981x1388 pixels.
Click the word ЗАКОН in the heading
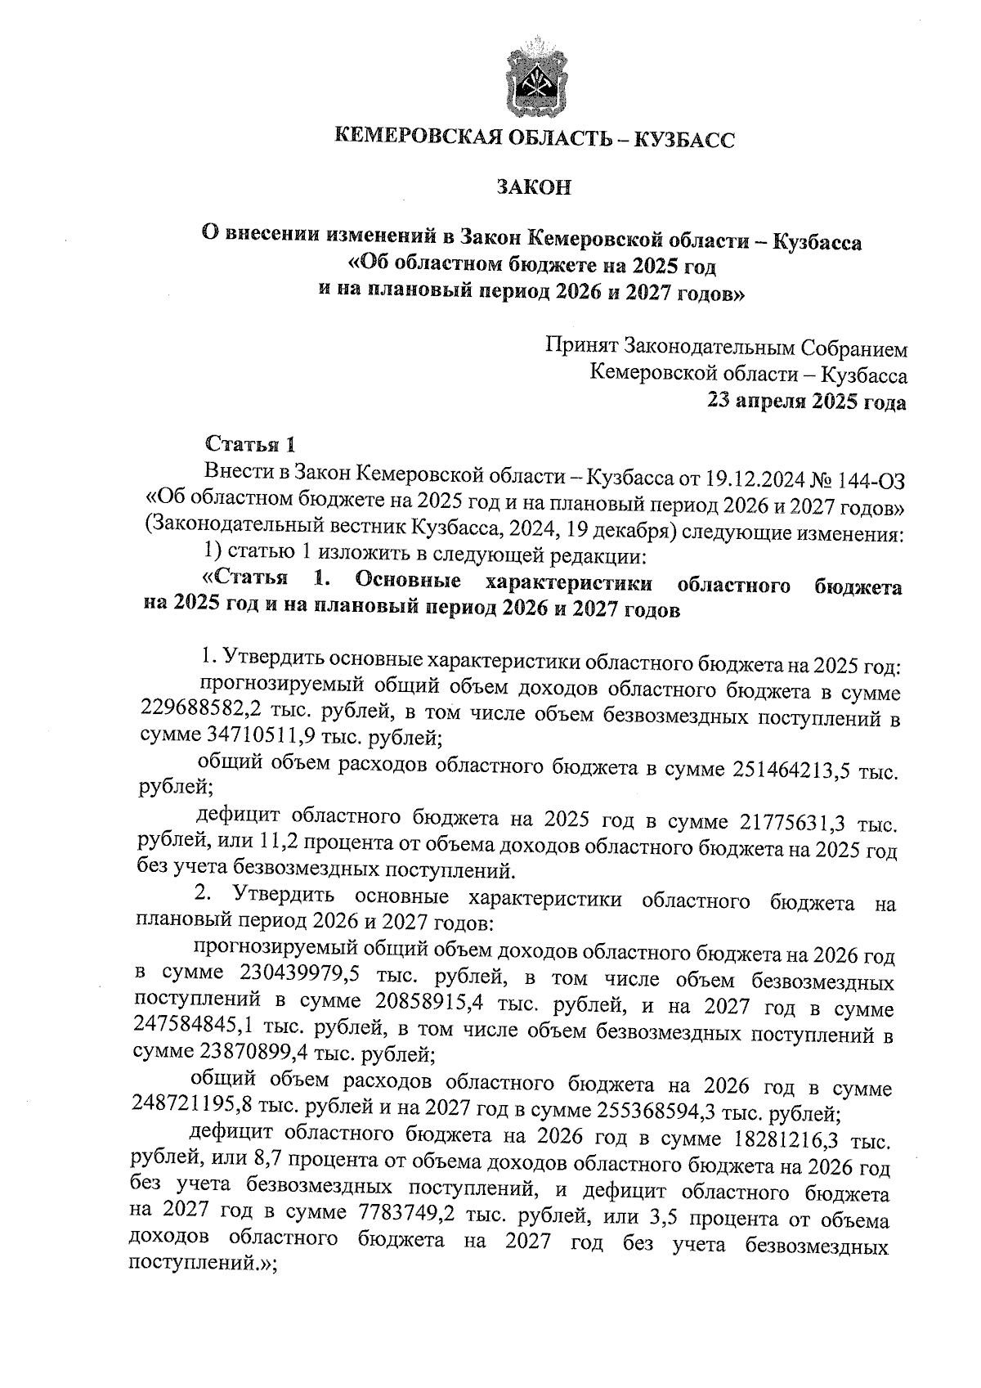click(x=535, y=187)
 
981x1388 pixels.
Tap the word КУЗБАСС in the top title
click(x=684, y=140)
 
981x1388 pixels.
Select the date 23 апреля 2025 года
click(x=807, y=402)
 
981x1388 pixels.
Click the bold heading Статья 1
click(x=249, y=445)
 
